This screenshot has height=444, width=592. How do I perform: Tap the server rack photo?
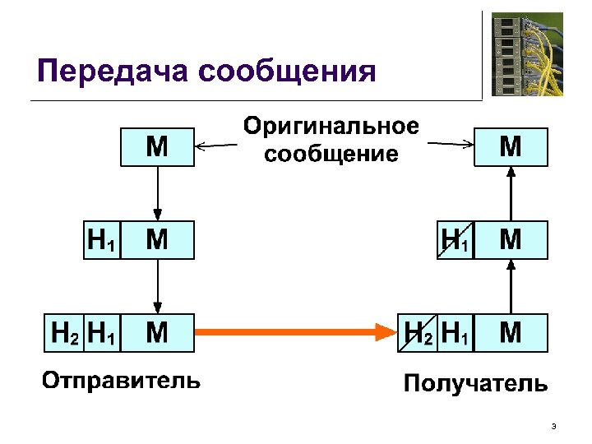click(527, 55)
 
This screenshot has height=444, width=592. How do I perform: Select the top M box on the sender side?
click(157, 146)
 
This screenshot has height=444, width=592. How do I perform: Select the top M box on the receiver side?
click(511, 146)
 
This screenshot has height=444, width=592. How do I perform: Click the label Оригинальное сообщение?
click(331, 140)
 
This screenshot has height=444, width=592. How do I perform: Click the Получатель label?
click(474, 383)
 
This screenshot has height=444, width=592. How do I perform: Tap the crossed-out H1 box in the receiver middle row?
click(456, 240)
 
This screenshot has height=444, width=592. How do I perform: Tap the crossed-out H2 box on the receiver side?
click(418, 332)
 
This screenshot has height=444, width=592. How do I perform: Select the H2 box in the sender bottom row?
click(64, 332)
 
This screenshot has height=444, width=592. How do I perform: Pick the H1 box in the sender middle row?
click(101, 240)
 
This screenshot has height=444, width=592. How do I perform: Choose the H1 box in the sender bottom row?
click(101, 332)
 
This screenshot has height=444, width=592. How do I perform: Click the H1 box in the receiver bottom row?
click(456, 332)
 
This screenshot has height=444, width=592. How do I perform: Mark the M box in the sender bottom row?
click(157, 332)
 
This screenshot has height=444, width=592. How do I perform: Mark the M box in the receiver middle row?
click(511, 240)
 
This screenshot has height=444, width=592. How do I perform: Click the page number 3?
click(553, 426)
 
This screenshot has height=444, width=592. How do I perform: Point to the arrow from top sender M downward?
click(157, 193)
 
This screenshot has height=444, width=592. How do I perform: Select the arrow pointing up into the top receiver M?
click(511, 193)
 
